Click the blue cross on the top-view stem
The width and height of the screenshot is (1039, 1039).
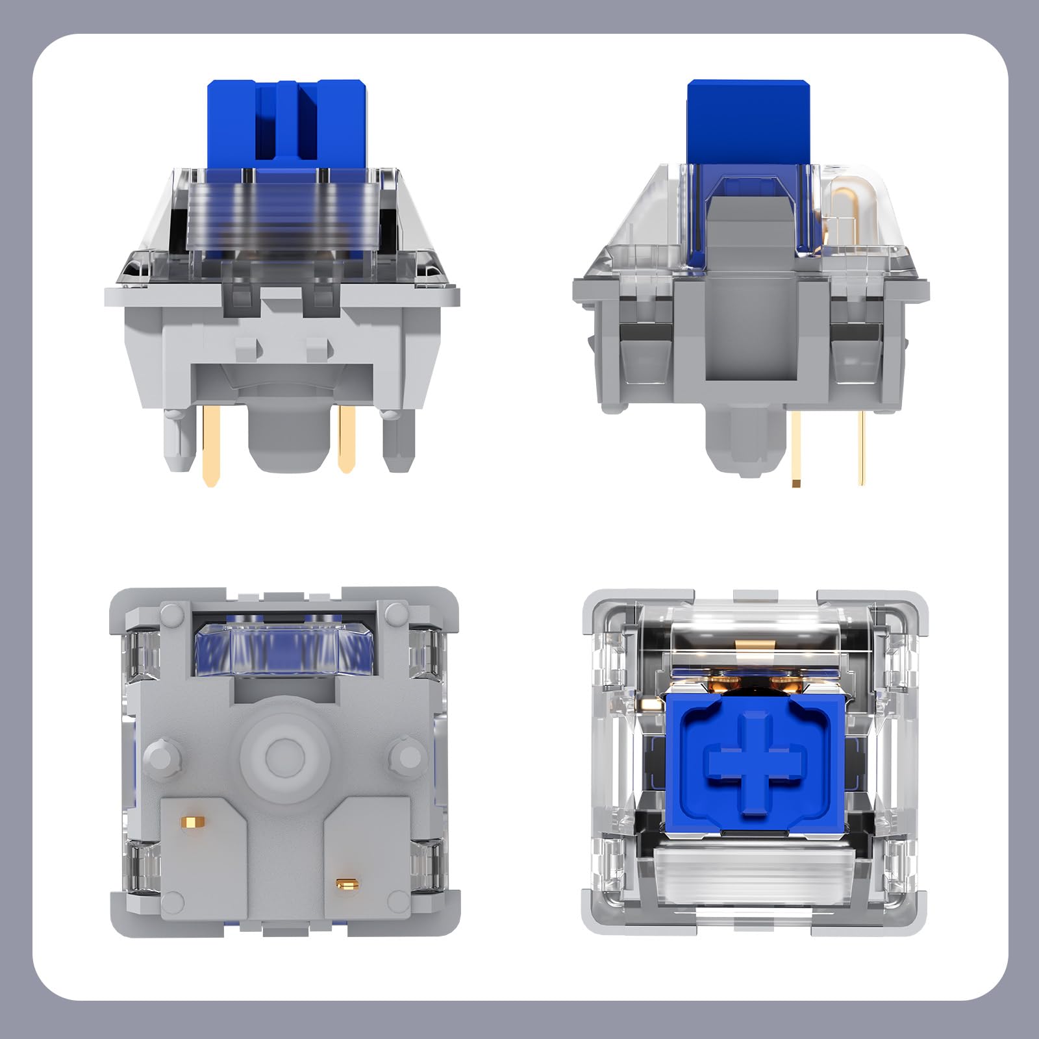[756, 762]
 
